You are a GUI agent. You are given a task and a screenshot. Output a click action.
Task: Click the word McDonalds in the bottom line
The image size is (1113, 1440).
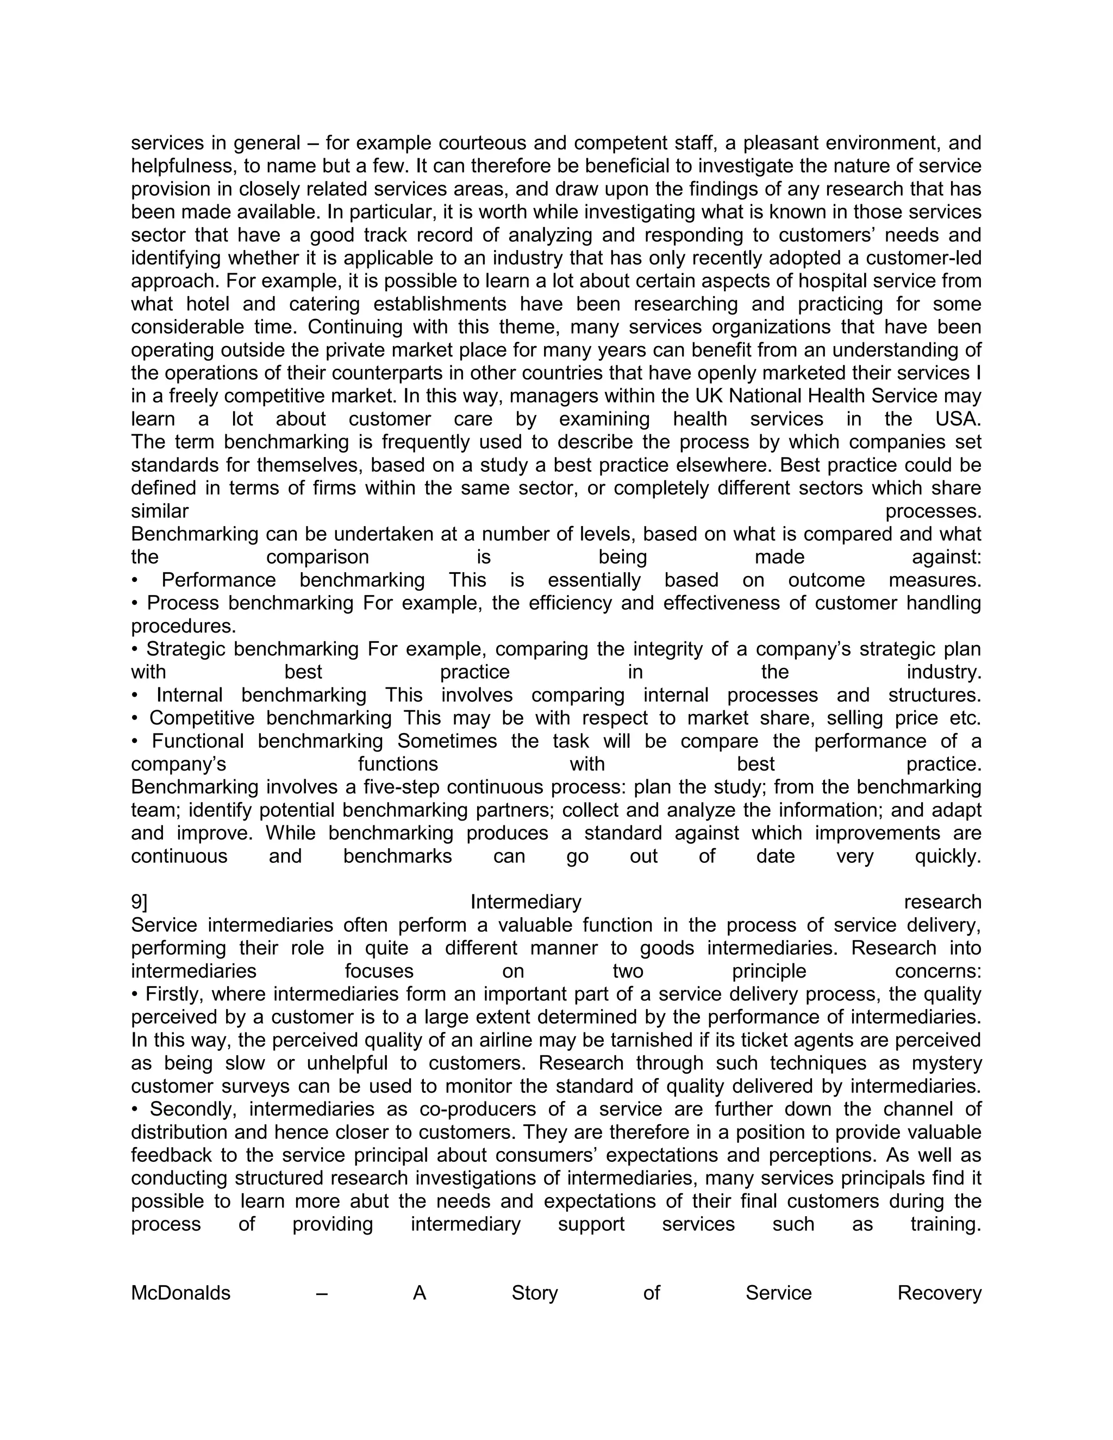point(180,1293)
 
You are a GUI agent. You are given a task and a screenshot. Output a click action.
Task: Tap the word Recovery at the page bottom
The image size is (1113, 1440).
point(939,1293)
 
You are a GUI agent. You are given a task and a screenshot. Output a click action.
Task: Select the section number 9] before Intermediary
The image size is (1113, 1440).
point(139,902)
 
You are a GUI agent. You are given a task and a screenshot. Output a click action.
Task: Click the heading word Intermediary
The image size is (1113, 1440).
point(526,902)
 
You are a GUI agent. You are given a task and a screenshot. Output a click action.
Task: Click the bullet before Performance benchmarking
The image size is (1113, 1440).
point(135,581)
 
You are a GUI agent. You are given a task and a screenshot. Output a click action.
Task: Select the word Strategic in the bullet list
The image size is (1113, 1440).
point(186,649)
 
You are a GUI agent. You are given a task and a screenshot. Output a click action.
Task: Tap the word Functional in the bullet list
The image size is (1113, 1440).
point(198,742)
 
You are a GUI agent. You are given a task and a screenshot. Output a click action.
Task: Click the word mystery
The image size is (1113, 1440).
point(947,1063)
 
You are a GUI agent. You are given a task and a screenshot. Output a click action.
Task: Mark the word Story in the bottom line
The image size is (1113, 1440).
point(534,1293)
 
